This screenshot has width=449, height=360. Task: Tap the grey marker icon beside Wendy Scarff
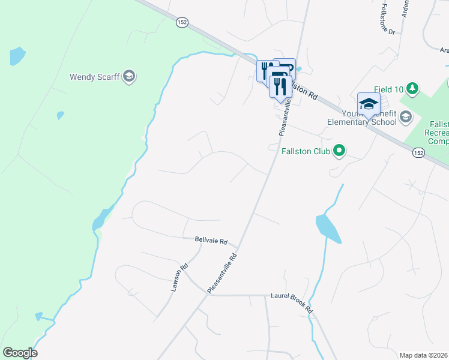point(129,76)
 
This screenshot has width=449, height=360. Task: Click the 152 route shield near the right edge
point(420,154)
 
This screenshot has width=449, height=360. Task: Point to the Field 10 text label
point(388,89)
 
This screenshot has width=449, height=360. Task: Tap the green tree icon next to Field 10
point(412,89)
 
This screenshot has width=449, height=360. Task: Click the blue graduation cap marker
point(369,104)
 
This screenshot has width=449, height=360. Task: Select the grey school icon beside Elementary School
point(406,117)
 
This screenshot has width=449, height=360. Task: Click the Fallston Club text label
point(306,151)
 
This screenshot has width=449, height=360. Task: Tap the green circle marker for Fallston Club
point(339,151)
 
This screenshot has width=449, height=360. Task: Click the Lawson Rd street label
point(179,278)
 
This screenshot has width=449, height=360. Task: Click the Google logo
point(19,353)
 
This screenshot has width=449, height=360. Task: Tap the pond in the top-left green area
point(17,56)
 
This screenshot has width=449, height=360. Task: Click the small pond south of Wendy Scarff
point(59,115)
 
